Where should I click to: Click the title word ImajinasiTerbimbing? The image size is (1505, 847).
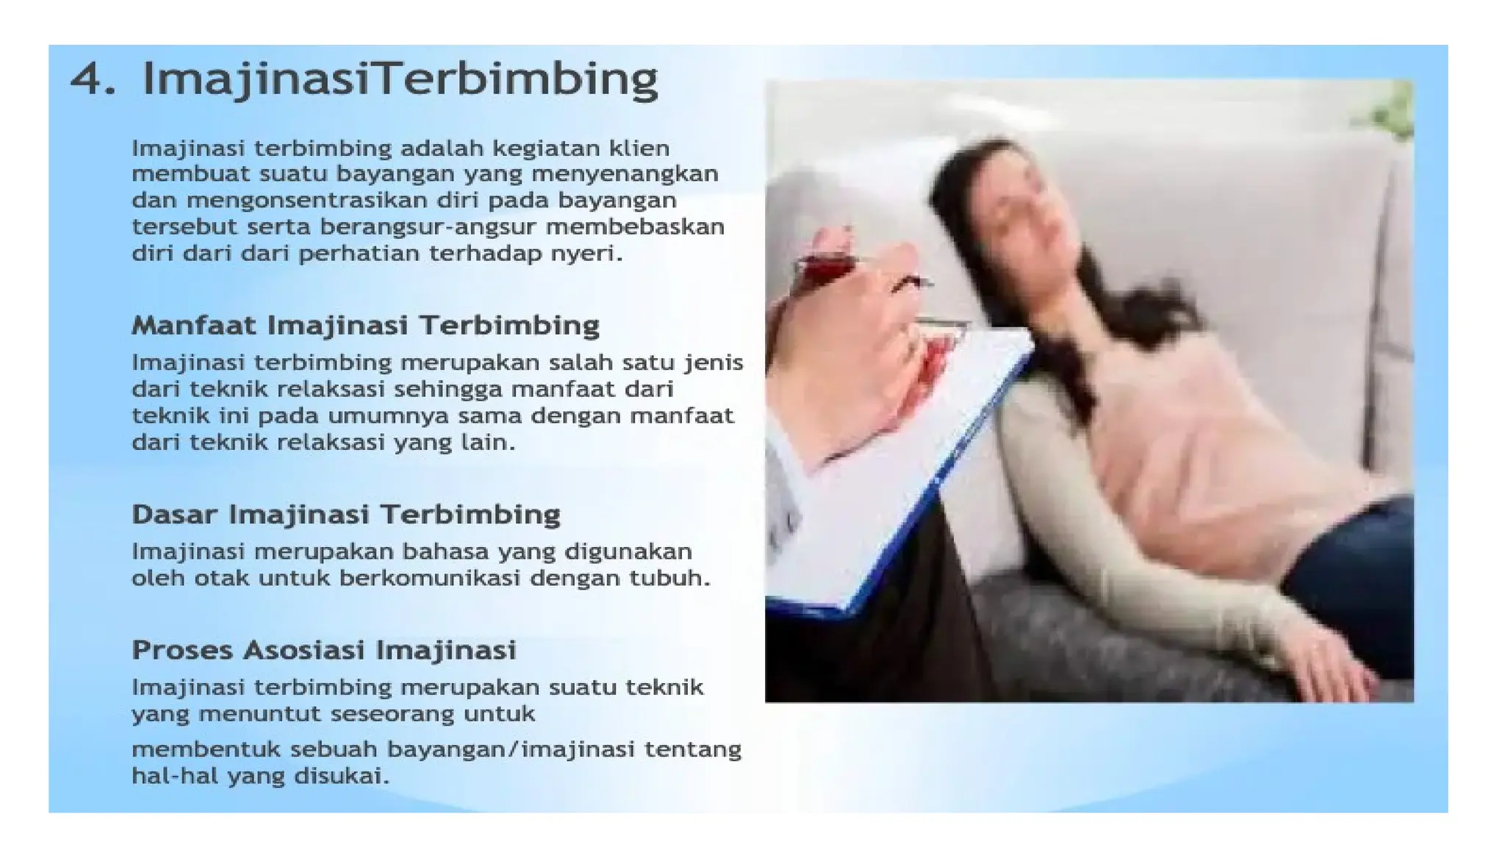coord(400,79)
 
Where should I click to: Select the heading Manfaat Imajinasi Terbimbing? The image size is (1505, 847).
coord(365,325)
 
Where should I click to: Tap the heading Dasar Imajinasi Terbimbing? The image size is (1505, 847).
coord(345,514)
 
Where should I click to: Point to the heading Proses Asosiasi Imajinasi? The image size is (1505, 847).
coord(323,650)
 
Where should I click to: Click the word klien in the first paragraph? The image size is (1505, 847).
coord(639,148)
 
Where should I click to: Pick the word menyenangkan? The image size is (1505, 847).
coord(624,174)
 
